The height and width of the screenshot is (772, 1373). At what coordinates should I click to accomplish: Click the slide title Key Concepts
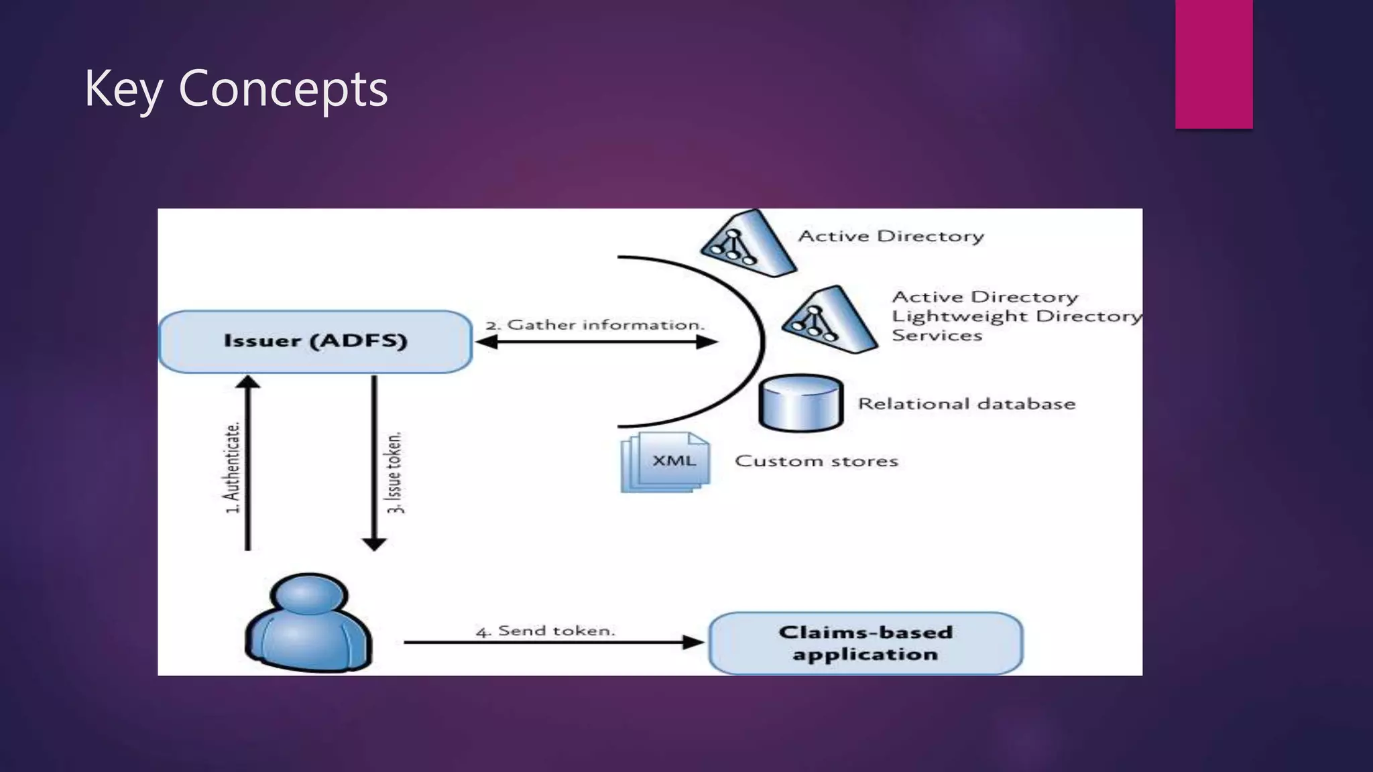[x=236, y=88]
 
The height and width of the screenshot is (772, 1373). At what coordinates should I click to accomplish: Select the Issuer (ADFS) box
[x=315, y=341]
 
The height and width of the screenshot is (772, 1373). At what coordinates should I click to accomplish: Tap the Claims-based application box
[x=865, y=643]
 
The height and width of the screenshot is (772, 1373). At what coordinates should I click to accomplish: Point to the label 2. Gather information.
[x=595, y=325]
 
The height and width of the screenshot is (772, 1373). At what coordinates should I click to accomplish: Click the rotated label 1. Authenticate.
[x=232, y=468]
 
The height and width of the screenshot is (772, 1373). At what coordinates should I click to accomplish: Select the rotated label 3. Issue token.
[x=396, y=472]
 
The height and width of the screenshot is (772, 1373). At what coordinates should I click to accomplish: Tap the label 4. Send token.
[x=545, y=631]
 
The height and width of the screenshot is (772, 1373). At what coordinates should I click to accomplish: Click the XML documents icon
[x=666, y=462]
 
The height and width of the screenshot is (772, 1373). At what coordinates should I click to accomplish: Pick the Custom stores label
[x=816, y=461]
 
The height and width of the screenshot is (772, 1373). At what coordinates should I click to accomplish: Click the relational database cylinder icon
[x=800, y=403]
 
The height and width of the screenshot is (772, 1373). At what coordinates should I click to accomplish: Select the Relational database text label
[x=966, y=403]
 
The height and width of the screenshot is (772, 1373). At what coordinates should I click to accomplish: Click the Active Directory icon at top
[x=748, y=243]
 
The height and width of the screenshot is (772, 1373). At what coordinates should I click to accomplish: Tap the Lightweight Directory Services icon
[x=829, y=319]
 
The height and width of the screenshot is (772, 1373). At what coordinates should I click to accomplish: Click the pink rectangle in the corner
[x=1213, y=64]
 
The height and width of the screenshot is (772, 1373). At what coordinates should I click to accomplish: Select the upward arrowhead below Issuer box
[x=248, y=382]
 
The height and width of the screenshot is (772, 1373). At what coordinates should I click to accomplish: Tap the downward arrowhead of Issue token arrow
[x=373, y=543]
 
